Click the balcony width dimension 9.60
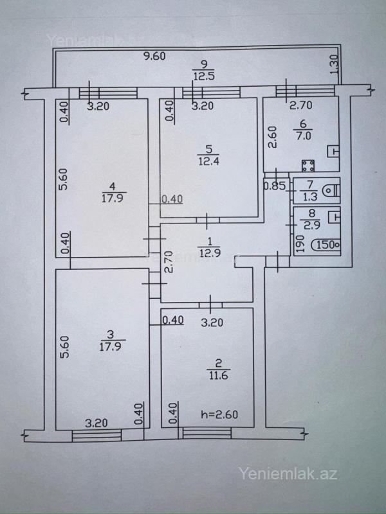pyautogui.click(x=155, y=56)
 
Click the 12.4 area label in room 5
pyautogui.click(x=208, y=163)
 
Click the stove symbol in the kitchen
pyautogui.click(x=308, y=166)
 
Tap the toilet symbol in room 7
pyautogui.click(x=331, y=190)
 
